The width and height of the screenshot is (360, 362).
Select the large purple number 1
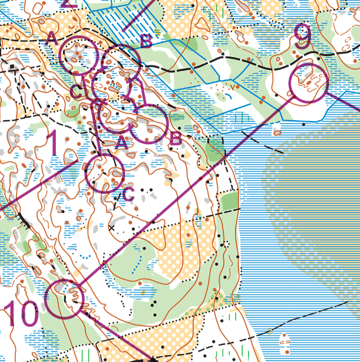[x=52, y=144]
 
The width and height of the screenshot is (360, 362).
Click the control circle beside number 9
[x=308, y=83]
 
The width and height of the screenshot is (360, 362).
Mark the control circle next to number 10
[x=65, y=299]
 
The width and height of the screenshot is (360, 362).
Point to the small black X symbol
[x=111, y=227]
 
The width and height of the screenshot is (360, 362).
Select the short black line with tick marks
[x=24, y=221]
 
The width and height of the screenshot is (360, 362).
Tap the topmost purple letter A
[x=51, y=39]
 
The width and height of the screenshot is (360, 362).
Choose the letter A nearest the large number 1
[x=121, y=142]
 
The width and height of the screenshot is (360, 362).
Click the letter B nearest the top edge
[x=147, y=41]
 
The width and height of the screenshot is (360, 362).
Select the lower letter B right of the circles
[x=176, y=140]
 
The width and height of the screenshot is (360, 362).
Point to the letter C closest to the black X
[x=128, y=194]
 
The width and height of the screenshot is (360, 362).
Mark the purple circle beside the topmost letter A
[x=80, y=55]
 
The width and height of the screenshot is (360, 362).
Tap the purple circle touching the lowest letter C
[x=104, y=174]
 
